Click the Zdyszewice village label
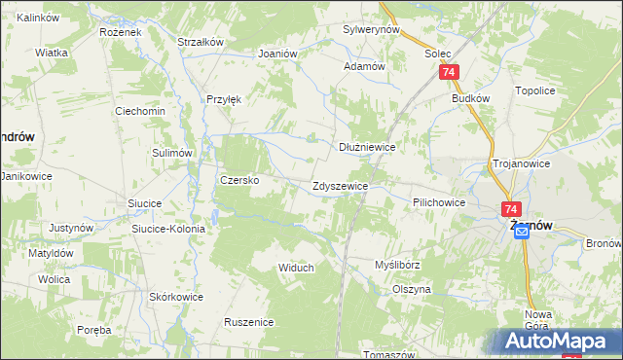pos(339,186)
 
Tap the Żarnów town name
pos(531,225)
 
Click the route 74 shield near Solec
pos(449,73)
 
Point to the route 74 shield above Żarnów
pos(512,209)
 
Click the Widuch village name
pos(296,268)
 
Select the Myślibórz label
pos(397,265)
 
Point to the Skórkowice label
pos(176,297)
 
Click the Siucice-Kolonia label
pos(168,229)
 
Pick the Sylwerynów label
pos(372,30)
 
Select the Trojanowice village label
pos(522,164)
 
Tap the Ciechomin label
pos(140,111)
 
